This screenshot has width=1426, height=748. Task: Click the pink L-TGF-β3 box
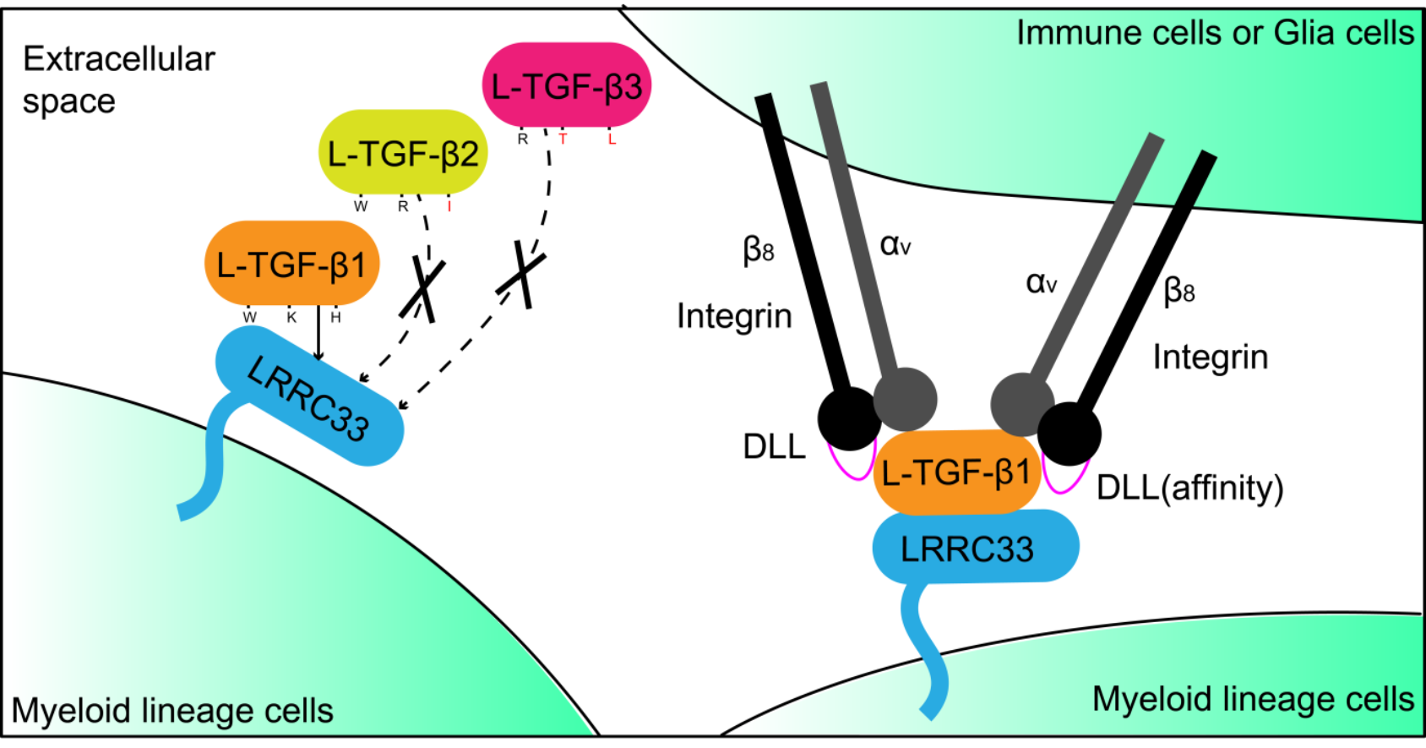coord(566,86)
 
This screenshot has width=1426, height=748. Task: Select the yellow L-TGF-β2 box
coord(403,153)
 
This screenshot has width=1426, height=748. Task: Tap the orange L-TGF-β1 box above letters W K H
coord(291,264)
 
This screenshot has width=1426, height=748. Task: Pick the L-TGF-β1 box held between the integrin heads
coord(956,472)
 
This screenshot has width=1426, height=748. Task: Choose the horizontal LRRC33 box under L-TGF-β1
coord(975,548)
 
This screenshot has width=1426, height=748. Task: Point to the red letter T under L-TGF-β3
coord(563,139)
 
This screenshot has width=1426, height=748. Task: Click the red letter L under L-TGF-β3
coord(612,139)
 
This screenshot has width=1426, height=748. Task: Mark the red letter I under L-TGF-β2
coord(449,206)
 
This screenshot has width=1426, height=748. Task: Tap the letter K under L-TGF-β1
coord(291,318)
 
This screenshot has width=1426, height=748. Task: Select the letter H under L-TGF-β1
coord(335,318)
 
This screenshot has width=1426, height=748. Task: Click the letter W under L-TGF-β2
coord(361,206)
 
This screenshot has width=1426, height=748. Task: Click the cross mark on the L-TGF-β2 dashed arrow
coord(423,290)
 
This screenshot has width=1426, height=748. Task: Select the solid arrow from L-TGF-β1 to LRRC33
coord(318,333)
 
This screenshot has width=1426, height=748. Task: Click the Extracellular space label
coord(118,79)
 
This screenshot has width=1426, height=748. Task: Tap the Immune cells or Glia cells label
coord(1214,33)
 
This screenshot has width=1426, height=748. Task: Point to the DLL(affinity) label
coord(1189,488)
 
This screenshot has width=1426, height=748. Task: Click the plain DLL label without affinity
coord(774,446)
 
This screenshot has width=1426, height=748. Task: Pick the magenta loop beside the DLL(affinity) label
coord(1063,479)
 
